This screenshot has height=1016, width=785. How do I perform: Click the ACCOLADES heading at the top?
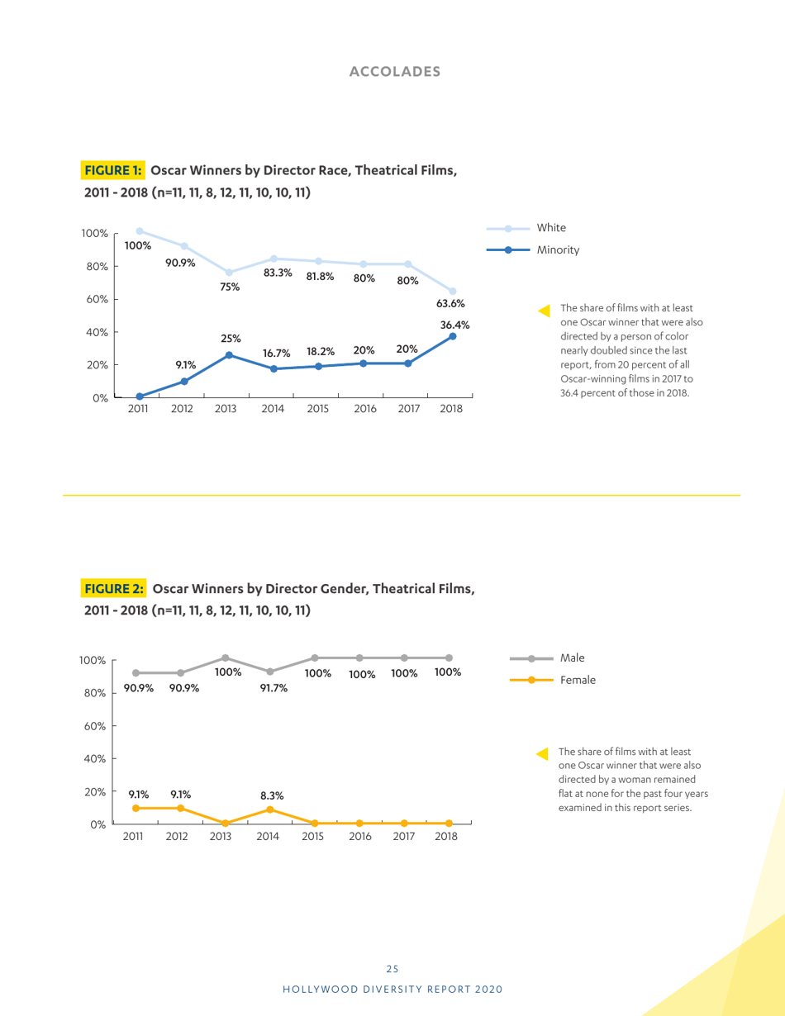[395, 71]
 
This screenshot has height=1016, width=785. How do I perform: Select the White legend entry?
[551, 227]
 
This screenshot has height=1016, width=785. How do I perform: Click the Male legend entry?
[572, 658]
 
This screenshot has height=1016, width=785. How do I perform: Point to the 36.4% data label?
[454, 325]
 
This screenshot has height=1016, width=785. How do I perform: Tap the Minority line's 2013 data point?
[229, 355]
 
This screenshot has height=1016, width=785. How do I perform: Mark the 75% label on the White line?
[230, 287]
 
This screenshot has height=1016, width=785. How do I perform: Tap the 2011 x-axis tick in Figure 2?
[133, 837]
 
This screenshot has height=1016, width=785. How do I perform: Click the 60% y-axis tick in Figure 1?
[98, 299]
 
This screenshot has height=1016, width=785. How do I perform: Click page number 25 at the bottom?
[392, 969]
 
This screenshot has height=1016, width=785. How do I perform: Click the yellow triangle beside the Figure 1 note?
[543, 311]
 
